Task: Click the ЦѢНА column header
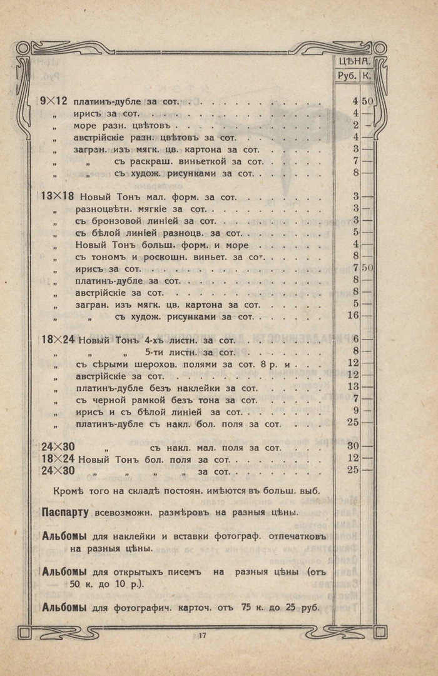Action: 355,61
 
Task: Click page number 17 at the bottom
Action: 202,636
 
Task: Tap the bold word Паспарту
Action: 65,513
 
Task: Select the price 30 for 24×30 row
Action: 352,446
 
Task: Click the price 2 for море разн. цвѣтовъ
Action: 354,125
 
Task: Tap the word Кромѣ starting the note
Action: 70,490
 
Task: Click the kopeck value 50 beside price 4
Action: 367,101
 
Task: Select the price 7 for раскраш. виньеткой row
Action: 354,161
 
